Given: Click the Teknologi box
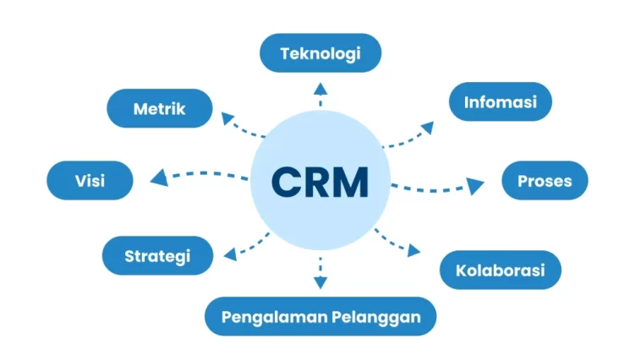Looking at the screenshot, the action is [320, 53].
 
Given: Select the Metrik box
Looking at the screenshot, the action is [160, 108].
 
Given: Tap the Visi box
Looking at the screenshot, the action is [90, 180].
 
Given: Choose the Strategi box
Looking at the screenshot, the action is [158, 255].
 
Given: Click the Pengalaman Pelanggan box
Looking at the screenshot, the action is [320, 316].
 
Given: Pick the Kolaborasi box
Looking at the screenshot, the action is [501, 270].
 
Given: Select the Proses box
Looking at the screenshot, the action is [545, 180].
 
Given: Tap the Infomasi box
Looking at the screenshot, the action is [501, 101].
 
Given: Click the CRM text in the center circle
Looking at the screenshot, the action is [320, 182].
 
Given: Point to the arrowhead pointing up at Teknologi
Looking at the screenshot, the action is [320, 89].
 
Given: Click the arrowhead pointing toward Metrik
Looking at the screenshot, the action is [227, 118].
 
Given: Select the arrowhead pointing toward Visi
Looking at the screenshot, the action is [160, 177].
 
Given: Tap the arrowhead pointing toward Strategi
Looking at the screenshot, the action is [231, 254].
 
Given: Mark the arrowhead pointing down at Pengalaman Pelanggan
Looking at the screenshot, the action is [320, 282].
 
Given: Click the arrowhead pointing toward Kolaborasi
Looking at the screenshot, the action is [414, 250].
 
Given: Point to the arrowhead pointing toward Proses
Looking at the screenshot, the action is [474, 186].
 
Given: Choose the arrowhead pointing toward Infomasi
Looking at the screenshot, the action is [428, 128].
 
